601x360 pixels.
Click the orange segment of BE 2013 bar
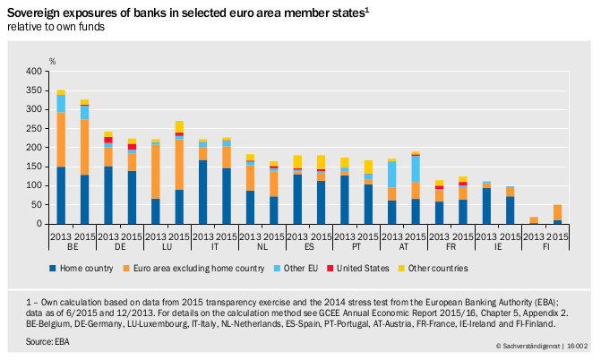[x=61, y=139]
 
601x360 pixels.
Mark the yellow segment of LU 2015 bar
[x=179, y=126]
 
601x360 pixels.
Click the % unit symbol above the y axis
[x=52, y=61]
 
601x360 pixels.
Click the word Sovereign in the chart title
[x=32, y=11]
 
